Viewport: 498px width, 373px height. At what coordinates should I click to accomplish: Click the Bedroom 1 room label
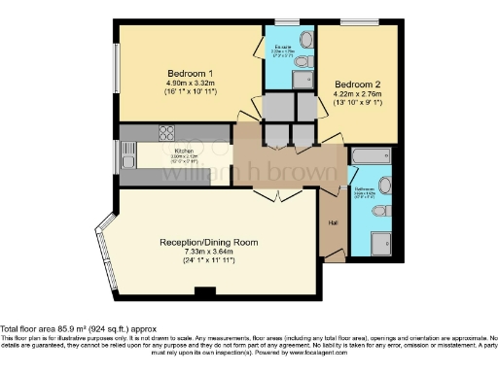click(190, 74)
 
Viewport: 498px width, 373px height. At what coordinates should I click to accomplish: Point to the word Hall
click(333, 224)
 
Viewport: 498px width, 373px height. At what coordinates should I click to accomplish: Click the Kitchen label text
click(184, 152)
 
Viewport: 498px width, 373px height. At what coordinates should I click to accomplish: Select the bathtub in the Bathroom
click(370, 155)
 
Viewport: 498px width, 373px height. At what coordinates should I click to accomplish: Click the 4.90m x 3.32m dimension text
click(190, 84)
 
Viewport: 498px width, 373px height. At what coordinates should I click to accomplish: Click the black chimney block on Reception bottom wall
click(203, 291)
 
